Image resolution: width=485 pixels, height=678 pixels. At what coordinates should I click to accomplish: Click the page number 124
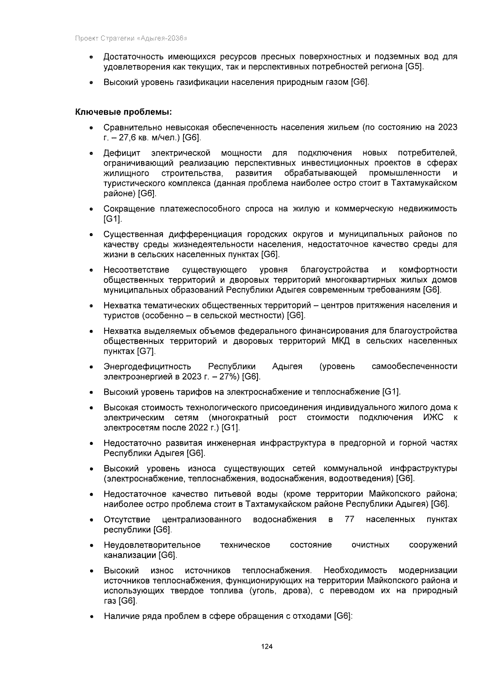point(267,646)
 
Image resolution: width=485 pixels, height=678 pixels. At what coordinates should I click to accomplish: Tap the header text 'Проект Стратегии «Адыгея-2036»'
point(131,39)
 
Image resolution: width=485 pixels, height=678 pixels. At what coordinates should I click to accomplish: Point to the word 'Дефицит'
point(122,153)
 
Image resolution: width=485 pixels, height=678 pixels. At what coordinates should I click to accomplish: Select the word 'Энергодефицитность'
point(147,366)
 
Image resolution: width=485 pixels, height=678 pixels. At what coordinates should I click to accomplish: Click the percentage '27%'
point(231,377)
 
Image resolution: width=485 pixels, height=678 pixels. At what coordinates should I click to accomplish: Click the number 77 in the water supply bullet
point(350,519)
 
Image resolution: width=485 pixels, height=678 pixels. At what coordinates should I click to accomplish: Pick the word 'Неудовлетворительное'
point(152,545)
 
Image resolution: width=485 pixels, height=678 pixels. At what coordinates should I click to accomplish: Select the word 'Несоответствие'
point(136,270)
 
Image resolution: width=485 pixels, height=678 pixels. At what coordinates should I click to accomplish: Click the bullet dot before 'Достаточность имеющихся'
point(93,58)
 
